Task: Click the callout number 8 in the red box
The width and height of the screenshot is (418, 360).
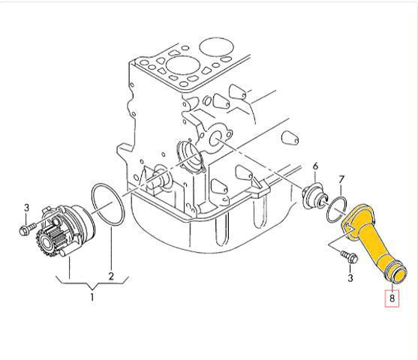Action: [x=392, y=298]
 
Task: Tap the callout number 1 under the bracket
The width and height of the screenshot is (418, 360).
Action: [x=92, y=296]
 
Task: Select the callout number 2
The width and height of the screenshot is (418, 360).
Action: [x=111, y=276]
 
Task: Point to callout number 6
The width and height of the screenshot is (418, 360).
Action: [x=315, y=166]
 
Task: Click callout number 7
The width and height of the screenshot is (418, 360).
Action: [x=341, y=180]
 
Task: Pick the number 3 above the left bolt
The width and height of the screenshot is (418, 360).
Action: [x=26, y=208]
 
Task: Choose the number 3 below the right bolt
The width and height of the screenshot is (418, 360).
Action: [x=350, y=278]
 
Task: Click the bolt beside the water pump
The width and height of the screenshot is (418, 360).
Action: [x=28, y=229]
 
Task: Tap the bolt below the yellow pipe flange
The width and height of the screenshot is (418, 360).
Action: [x=349, y=256]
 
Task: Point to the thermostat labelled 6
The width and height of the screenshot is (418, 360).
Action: [x=314, y=196]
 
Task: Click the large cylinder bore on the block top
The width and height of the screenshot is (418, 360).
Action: [x=183, y=65]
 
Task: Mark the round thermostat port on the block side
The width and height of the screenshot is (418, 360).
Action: [x=215, y=139]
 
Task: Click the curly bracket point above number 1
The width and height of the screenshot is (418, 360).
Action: [x=92, y=289]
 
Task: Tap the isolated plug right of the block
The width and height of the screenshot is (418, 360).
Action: [x=290, y=137]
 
